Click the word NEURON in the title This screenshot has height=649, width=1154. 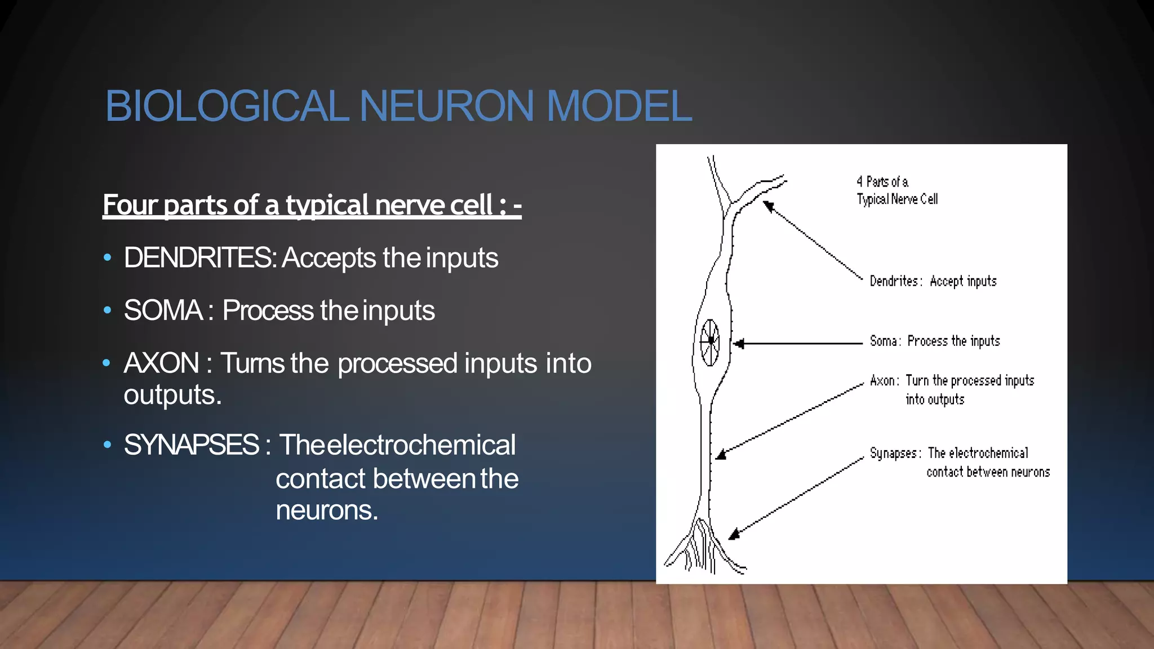[x=446, y=106]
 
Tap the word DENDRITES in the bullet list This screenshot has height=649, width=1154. [x=197, y=258]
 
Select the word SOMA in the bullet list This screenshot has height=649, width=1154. [x=163, y=310]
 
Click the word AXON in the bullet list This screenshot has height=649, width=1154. [x=161, y=363]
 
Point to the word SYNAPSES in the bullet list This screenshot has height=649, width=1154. [x=192, y=445]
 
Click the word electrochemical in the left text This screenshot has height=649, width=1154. [x=421, y=445]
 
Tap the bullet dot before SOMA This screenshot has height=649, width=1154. [x=108, y=310]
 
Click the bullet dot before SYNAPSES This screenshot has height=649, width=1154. [x=108, y=445]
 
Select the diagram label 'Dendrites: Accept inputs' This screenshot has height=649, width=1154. [x=933, y=281]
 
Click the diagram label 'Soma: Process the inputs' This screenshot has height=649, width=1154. [x=934, y=341]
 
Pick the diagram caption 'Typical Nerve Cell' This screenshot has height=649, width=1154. [x=897, y=199]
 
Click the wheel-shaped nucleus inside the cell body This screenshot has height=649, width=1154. [x=710, y=341]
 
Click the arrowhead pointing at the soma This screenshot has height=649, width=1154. [x=739, y=343]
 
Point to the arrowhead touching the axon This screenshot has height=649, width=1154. [x=721, y=455]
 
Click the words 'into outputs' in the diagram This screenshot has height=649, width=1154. [x=935, y=399]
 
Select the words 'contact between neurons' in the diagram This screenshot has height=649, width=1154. [x=988, y=472]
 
